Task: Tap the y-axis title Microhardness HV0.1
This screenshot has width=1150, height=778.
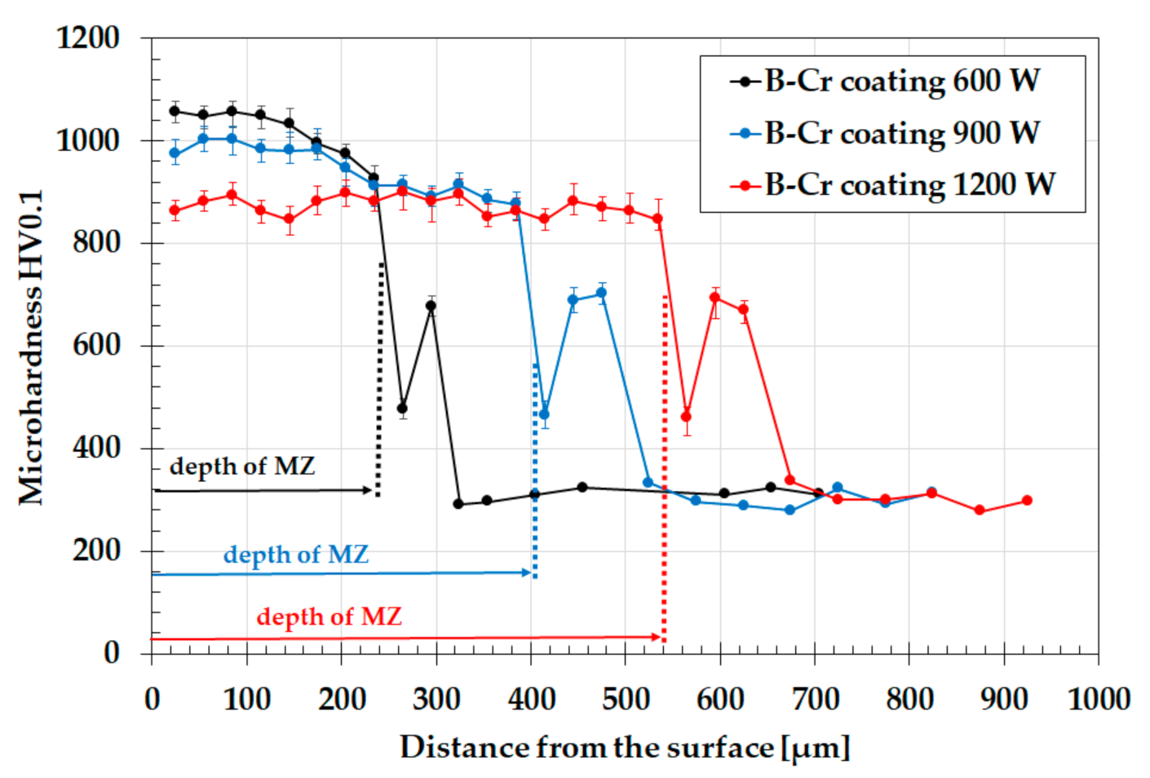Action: tap(31, 347)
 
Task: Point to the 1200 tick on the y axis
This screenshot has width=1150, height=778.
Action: tap(88, 38)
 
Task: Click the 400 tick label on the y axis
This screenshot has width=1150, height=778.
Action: tap(96, 448)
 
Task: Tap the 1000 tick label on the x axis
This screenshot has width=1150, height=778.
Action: tap(1098, 700)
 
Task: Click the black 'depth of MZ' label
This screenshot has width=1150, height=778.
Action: tap(241, 466)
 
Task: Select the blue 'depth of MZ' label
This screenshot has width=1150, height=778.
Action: tap(295, 555)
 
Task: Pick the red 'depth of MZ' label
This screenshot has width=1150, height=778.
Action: tap(329, 617)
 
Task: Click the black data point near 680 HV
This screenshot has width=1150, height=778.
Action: tap(431, 307)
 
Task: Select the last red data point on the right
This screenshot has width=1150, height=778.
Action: tap(1027, 501)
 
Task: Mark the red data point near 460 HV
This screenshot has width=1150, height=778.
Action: tap(686, 417)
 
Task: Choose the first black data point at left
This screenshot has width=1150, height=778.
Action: tap(175, 111)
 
